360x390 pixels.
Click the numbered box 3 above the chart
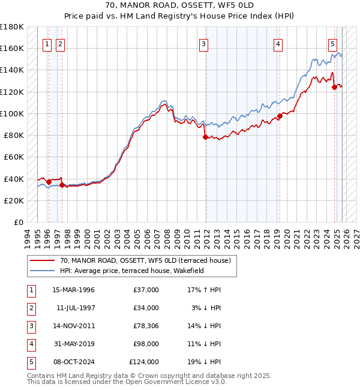tap(204, 43)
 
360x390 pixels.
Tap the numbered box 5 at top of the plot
tap(332, 43)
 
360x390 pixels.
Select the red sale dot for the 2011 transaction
tap(205, 137)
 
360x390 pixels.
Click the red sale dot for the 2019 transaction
tap(280, 116)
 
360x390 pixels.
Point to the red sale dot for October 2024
tap(334, 88)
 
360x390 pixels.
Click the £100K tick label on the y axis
tap(12, 113)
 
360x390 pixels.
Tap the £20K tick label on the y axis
tap(14, 200)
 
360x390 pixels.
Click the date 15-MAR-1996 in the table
tap(73, 290)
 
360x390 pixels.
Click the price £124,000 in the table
tap(144, 362)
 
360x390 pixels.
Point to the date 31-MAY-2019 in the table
tap(73, 344)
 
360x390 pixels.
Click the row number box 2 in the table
tap(30, 308)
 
